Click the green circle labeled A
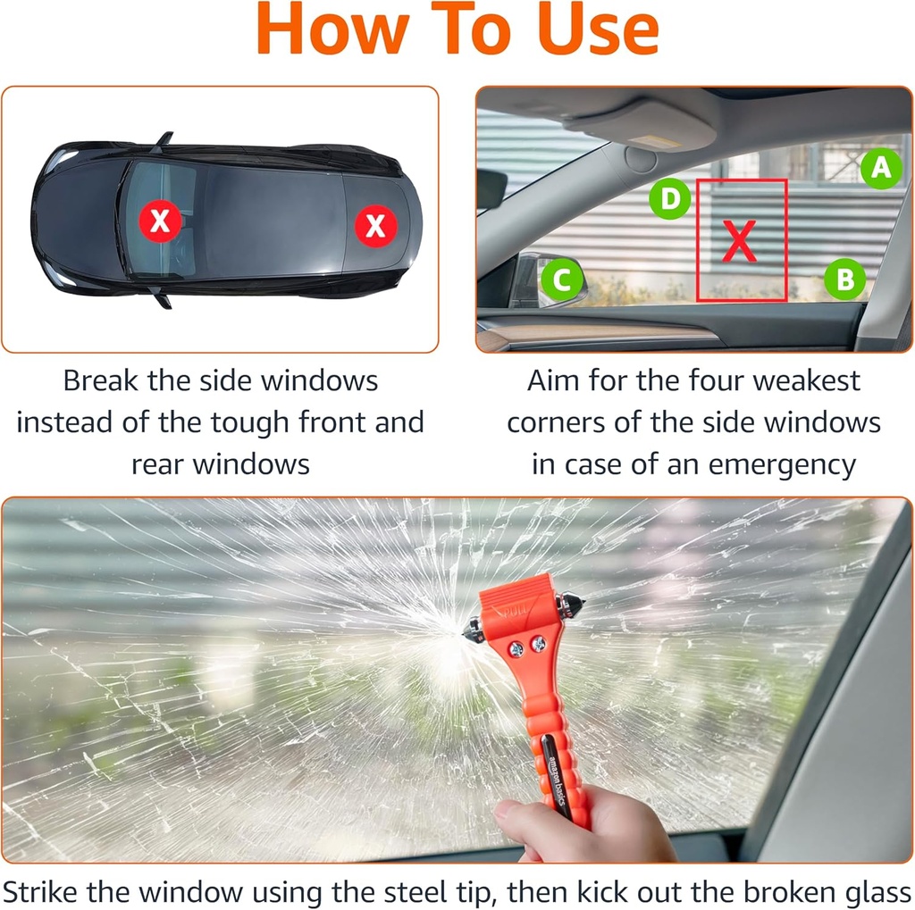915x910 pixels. pyautogui.click(x=881, y=168)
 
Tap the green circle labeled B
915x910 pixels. pyautogui.click(x=844, y=280)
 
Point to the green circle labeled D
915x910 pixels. pyautogui.click(x=669, y=198)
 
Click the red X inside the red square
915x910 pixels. pyautogui.click(x=740, y=240)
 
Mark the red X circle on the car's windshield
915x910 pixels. pyautogui.click(x=160, y=220)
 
